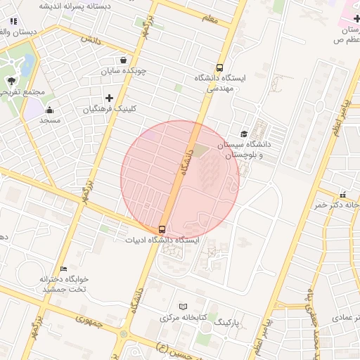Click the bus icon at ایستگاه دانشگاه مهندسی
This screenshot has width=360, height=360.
(x=220, y=68)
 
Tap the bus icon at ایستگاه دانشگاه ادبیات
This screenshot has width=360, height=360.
(x=162, y=229)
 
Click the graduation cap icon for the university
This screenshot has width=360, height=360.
(x=244, y=134)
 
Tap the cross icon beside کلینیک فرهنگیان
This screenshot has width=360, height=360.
(x=108, y=98)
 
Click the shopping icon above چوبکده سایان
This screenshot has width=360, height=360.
(x=124, y=60)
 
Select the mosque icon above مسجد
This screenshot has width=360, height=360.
(x=49, y=110)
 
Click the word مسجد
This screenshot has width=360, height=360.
(x=50, y=120)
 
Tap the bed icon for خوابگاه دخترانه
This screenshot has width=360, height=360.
(x=63, y=269)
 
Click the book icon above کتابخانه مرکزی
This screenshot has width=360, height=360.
(x=184, y=307)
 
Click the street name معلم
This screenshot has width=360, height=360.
(x=229, y=20)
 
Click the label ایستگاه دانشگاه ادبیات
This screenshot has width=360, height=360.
(x=162, y=240)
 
